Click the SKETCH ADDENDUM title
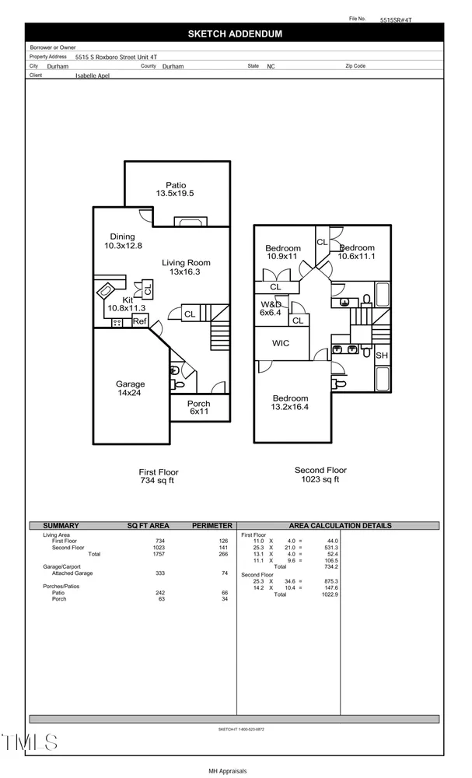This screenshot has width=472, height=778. [234, 34]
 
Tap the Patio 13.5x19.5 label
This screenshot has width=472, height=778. [175, 189]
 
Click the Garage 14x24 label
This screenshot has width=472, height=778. [131, 389]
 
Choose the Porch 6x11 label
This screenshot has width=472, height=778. [198, 408]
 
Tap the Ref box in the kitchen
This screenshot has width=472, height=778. [139, 321]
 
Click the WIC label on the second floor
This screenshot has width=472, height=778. [281, 343]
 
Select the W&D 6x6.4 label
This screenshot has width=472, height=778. [272, 308]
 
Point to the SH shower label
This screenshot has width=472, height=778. [381, 356]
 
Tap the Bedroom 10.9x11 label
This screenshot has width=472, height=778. [282, 252]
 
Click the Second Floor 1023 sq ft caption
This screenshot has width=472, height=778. [320, 475]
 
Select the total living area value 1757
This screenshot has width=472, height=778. [159, 555]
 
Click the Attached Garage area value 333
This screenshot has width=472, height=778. [159, 573]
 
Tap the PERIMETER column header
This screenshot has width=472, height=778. [212, 526]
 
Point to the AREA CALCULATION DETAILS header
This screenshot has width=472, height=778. [340, 526]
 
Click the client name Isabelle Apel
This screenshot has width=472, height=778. [96, 76]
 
